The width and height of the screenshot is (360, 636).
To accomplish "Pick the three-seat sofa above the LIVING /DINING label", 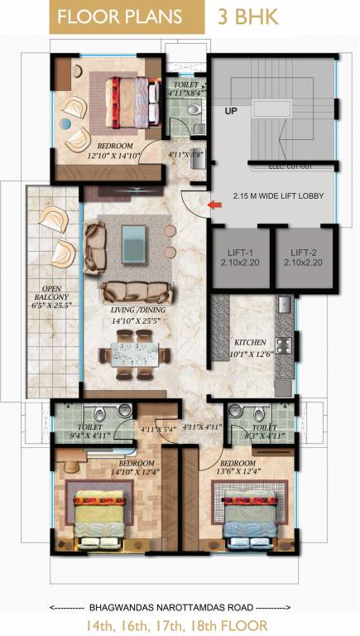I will (137, 291).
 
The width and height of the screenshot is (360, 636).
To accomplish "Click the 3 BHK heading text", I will (247, 16).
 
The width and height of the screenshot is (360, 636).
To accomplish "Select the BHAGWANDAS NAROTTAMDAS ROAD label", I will (180, 607).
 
